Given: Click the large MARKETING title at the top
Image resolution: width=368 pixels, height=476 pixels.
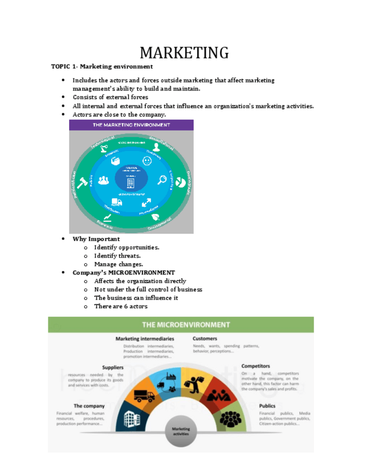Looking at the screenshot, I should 184,53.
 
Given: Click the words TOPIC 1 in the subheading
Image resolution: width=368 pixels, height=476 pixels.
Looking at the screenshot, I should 63,66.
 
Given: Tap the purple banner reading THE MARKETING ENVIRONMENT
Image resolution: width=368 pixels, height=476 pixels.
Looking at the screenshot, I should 131,125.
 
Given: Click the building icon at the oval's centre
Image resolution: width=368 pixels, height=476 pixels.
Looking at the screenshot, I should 131,182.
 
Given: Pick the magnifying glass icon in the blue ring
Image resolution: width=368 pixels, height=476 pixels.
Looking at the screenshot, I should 162,180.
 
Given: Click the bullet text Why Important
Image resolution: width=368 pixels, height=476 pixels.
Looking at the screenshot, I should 96,239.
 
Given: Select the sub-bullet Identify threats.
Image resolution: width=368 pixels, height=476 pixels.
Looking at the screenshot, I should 117,256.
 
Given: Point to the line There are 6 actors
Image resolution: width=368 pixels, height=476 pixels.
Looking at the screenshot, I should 121,306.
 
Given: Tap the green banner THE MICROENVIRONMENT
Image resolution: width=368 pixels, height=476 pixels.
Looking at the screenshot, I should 185,324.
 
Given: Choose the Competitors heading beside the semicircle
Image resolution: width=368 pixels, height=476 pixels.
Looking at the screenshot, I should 256,366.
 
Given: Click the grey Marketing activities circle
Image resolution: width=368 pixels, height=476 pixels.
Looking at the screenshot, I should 181,433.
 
